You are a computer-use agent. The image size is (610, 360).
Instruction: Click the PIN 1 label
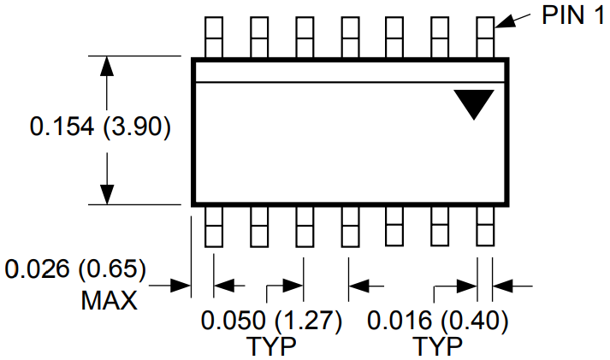coord(573,15)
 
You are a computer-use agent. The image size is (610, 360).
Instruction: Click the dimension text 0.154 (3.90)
coord(100,127)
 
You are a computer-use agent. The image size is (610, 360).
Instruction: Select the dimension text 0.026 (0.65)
coord(75,269)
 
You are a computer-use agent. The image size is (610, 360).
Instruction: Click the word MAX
coord(110,300)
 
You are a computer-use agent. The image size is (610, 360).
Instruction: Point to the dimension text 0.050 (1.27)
coord(271,321)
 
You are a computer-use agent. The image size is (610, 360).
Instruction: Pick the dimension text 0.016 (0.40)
coord(438,321)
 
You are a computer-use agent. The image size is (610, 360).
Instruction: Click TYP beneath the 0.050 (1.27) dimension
coord(271,346)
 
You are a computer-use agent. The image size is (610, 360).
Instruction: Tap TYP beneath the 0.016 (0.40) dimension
coord(438,346)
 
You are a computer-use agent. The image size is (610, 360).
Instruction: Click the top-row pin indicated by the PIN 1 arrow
coord(485,38)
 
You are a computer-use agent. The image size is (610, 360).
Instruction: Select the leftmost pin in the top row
coord(214,38)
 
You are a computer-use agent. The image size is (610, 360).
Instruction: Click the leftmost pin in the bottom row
coord(214,227)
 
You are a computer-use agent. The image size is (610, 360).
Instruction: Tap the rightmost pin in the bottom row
coord(485,227)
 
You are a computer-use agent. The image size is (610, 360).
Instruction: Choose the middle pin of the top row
coord(350,38)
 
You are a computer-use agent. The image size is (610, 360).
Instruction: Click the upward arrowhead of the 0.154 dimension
coord(107,66)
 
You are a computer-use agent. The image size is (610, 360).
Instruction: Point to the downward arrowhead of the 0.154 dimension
coord(107,194)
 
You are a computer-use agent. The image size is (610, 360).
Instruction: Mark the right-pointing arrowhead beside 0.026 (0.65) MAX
coord(181,286)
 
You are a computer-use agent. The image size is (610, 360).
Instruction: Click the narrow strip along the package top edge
coord(350,72)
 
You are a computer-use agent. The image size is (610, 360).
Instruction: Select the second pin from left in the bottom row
coord(259,227)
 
